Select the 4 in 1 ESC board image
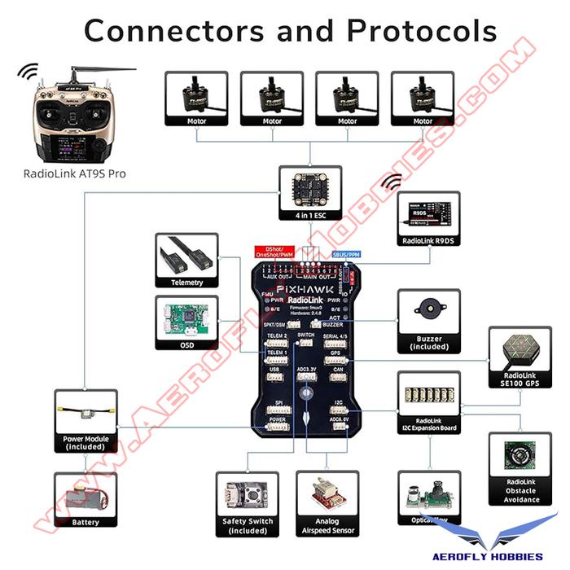coord(309,188)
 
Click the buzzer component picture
coord(429,310)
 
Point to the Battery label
coord(85,522)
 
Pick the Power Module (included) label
coord(85,442)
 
